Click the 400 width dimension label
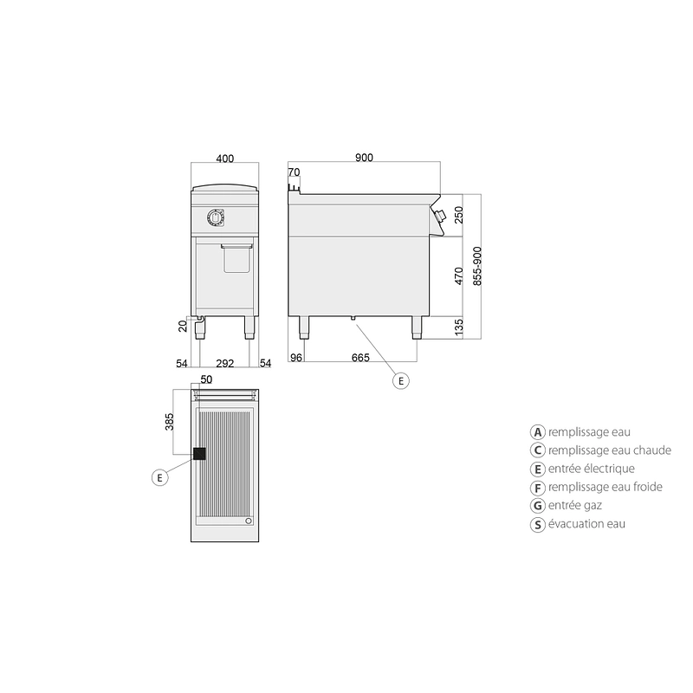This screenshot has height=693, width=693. tap(225, 159)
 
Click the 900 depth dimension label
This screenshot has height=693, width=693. tap(364, 158)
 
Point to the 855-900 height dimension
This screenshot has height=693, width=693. tap(477, 266)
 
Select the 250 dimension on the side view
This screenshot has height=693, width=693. tap(459, 215)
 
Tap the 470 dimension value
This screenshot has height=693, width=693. tap(459, 276)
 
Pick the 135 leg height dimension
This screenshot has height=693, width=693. tap(459, 328)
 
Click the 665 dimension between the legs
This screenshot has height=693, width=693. tap(360, 358)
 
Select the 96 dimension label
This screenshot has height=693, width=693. tap(296, 358)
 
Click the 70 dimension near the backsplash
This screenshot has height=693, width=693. tap(294, 172)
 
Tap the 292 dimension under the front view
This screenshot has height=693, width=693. tap(225, 363)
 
